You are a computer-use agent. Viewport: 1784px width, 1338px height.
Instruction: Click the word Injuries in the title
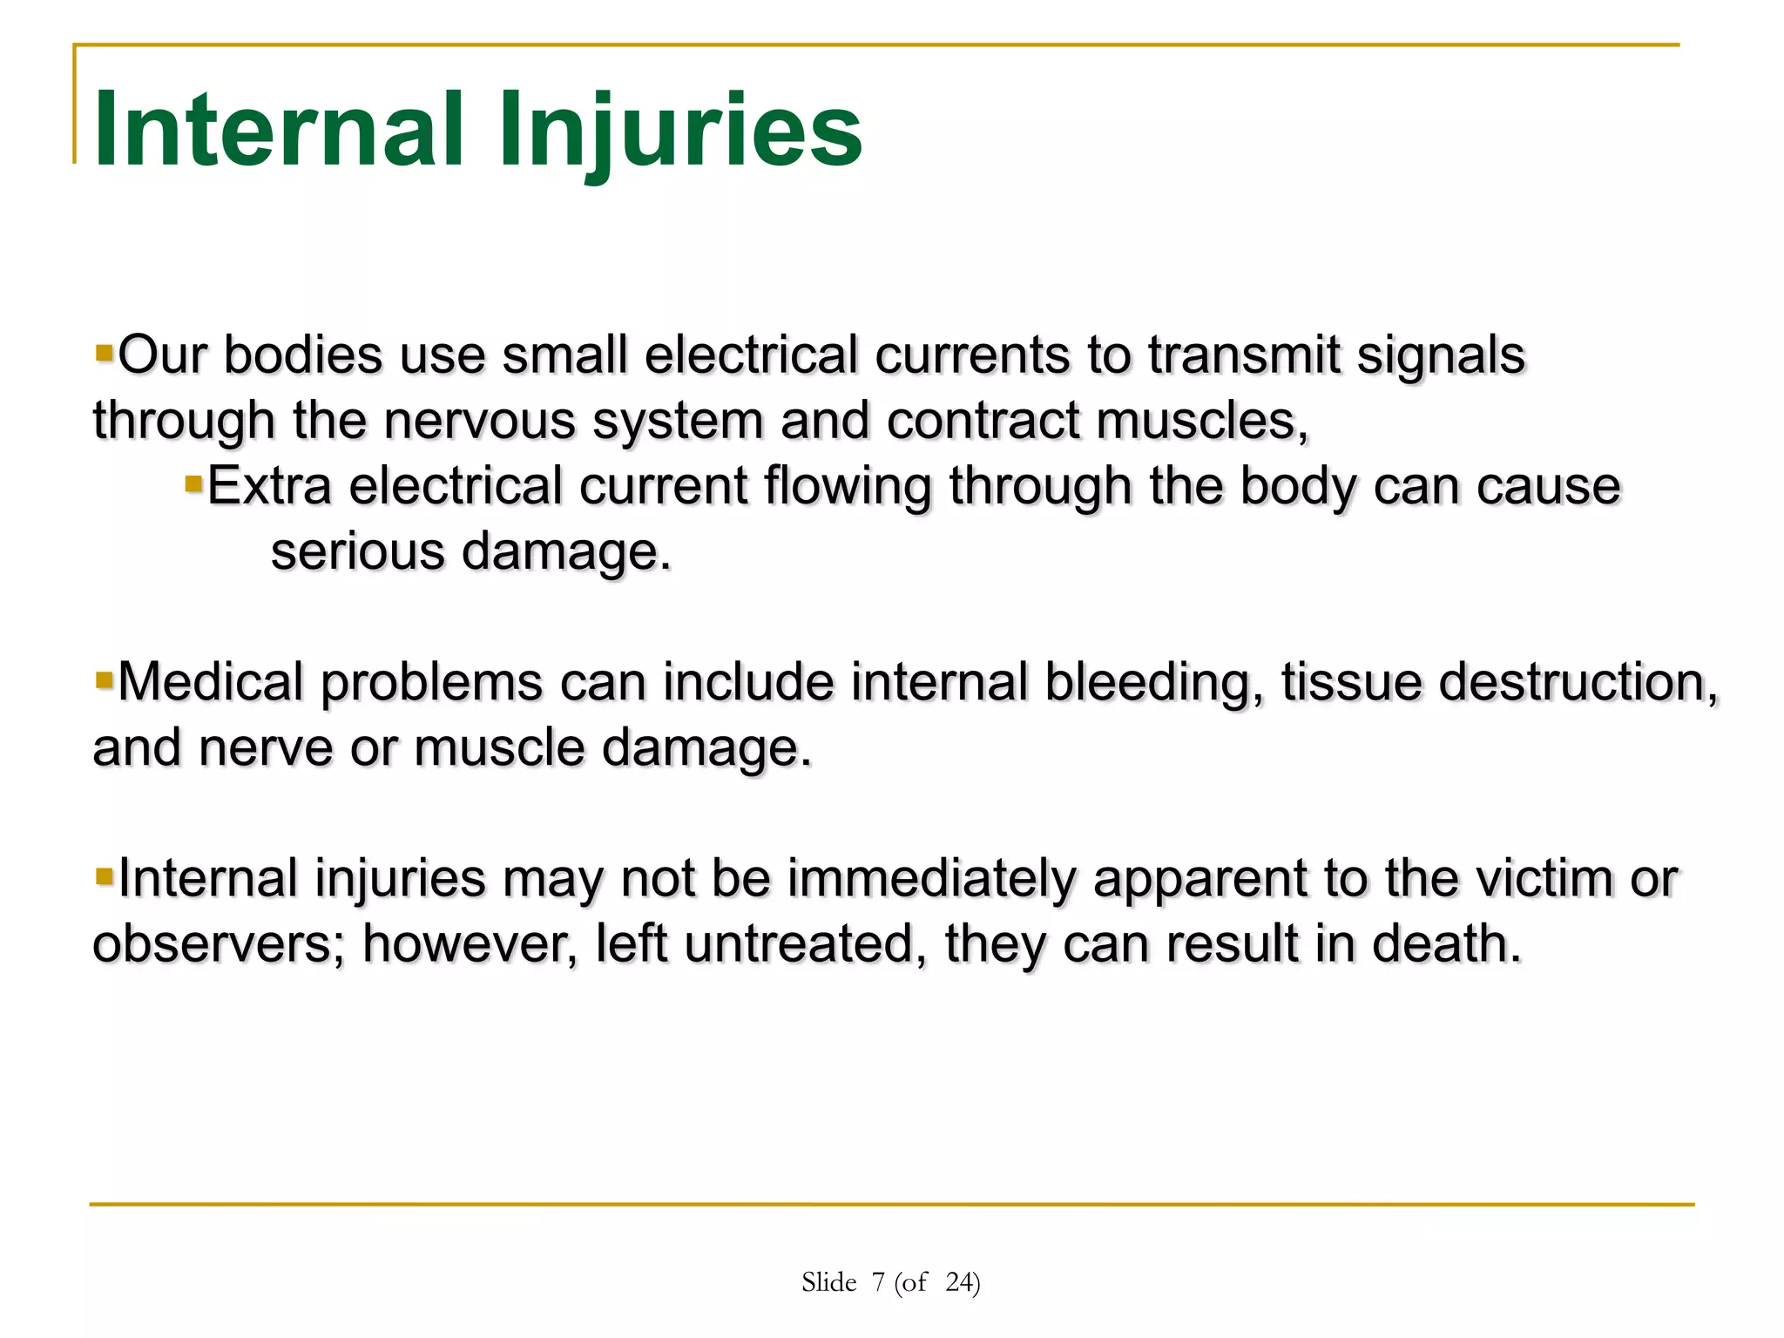coord(679,131)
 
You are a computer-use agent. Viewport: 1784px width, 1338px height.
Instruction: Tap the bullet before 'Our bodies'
coord(105,353)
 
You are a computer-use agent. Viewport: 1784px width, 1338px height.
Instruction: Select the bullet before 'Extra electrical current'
coord(193,483)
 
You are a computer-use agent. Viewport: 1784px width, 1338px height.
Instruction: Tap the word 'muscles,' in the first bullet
coord(1202,421)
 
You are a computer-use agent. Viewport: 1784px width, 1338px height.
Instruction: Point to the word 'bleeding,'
coord(1153,682)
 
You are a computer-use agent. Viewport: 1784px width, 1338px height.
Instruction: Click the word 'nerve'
coord(266,747)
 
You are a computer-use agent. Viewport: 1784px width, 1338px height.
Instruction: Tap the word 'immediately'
coord(932,878)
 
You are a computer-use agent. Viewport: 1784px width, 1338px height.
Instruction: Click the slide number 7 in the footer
coord(878,1282)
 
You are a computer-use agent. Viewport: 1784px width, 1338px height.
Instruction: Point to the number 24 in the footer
coord(960,1282)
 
